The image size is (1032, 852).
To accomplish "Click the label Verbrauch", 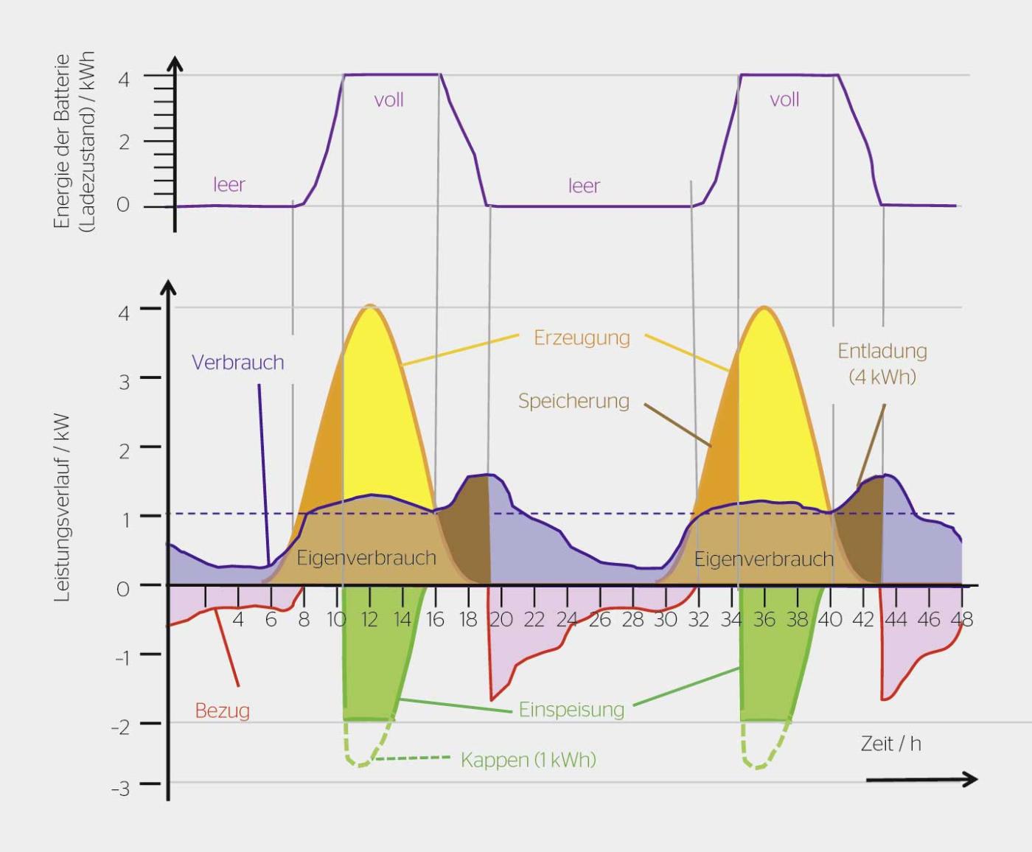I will coord(237,363).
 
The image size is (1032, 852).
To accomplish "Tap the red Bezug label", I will coord(222,711).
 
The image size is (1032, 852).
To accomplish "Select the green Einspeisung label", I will coord(571,710).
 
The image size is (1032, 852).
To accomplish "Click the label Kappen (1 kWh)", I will coord(528,760).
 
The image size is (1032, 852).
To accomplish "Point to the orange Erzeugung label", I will coord(582,338).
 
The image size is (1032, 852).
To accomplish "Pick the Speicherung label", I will coord(573,401).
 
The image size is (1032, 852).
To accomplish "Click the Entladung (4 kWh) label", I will coord(882,364).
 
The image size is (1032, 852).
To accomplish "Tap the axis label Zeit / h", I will coord(890,744).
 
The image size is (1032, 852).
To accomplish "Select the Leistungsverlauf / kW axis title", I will coord(63,509).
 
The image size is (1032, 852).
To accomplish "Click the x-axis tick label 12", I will coord(369,619).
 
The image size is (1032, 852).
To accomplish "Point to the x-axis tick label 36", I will coord(764,619).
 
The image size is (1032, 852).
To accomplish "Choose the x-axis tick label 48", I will coord(961,619).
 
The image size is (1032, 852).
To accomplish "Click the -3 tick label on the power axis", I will coord(120,789).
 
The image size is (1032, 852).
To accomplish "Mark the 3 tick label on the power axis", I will coord(124,382).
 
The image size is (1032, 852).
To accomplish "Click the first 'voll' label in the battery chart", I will coord(388,100).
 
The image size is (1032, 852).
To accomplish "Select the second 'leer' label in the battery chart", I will coord(584,186).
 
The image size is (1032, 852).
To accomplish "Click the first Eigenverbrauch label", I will coord(366,558).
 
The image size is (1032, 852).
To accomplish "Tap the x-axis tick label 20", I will coord(501,619).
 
